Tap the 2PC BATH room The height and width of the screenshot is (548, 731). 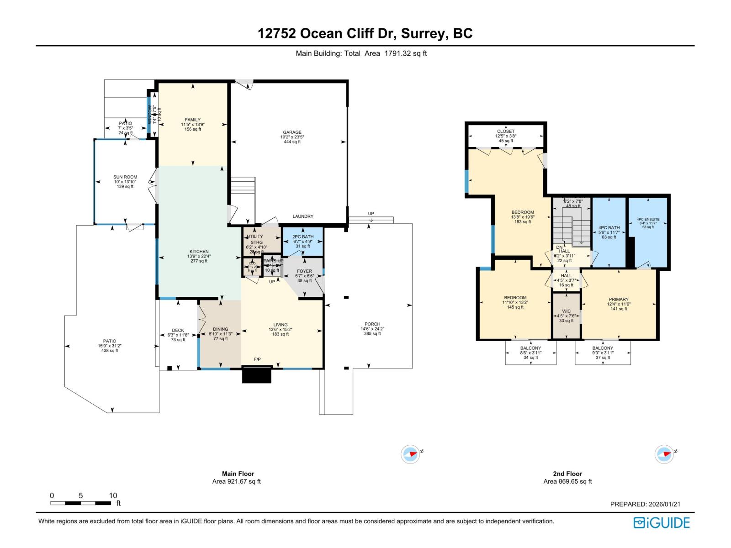tap(303, 241)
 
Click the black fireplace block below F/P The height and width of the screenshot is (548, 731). tap(256, 375)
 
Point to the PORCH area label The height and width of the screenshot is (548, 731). tap(372, 324)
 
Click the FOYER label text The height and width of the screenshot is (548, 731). tap(304, 271)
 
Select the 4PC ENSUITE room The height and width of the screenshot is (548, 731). tap(648, 223)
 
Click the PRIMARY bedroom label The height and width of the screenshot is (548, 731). tap(619, 300)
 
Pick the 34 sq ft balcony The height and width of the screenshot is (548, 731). tap(530, 353)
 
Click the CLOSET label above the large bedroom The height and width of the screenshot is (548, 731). tap(506, 132)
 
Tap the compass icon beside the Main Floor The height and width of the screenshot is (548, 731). tap(410, 454)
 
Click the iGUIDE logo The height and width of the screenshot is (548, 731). tap(662, 523)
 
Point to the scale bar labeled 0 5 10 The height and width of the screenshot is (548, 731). tap(80, 503)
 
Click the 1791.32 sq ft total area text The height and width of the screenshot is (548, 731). tap(405, 53)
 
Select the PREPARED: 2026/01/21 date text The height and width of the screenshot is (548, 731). tap(645, 504)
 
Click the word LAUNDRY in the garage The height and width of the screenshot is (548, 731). tap(303, 216)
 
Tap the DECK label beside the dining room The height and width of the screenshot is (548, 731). tap(178, 330)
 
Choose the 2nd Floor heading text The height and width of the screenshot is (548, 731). tap(567, 474)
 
